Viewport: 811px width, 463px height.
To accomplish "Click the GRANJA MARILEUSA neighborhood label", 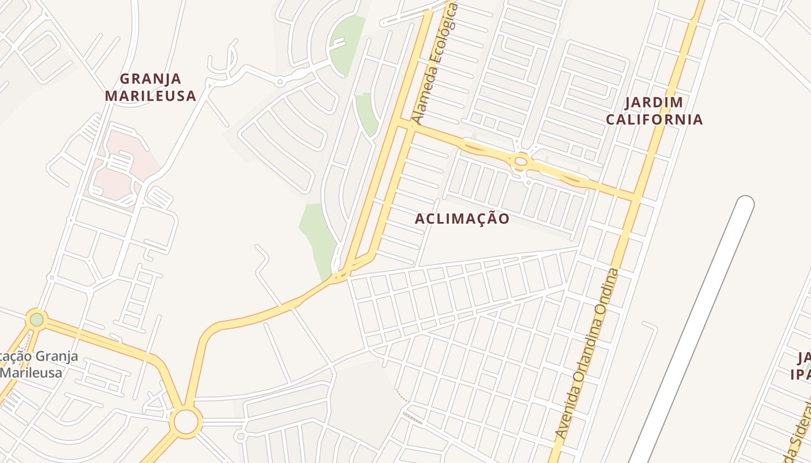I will pos(151,87).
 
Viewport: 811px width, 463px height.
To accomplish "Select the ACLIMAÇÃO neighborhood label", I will pos(462,219).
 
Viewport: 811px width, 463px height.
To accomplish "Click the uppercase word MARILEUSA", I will pos(151,96).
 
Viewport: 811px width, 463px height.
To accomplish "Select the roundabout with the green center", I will pos(36,319).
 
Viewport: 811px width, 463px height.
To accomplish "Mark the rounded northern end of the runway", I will pos(744,204).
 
